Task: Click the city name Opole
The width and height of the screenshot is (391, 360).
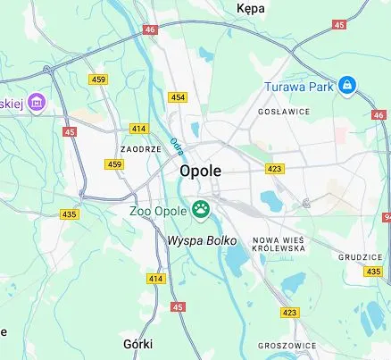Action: pos(200,171)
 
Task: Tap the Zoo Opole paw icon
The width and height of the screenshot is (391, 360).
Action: pos(201,211)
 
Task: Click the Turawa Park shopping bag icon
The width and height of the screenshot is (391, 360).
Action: pos(346,86)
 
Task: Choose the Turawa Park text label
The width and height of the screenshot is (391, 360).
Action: pos(300,87)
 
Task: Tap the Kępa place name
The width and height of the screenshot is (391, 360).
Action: pos(251,8)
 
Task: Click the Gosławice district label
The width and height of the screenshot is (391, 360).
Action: pos(283,112)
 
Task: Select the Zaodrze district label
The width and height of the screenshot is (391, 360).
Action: pos(140,149)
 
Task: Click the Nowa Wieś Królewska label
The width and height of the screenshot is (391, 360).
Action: pos(279,244)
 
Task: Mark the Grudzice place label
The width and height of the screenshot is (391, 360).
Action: pos(360,256)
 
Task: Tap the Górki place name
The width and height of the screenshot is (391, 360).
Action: pos(137,343)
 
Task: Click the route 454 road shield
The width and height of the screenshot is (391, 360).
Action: pos(179,97)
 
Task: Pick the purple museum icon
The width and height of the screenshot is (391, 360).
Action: pos(37,101)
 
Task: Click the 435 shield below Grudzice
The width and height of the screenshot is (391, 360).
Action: pos(374,271)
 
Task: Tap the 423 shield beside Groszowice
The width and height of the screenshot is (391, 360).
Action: pos(289,313)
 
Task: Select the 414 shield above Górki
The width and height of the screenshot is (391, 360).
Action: pos(156,279)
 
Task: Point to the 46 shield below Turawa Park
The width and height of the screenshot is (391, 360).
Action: pos(379,114)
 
